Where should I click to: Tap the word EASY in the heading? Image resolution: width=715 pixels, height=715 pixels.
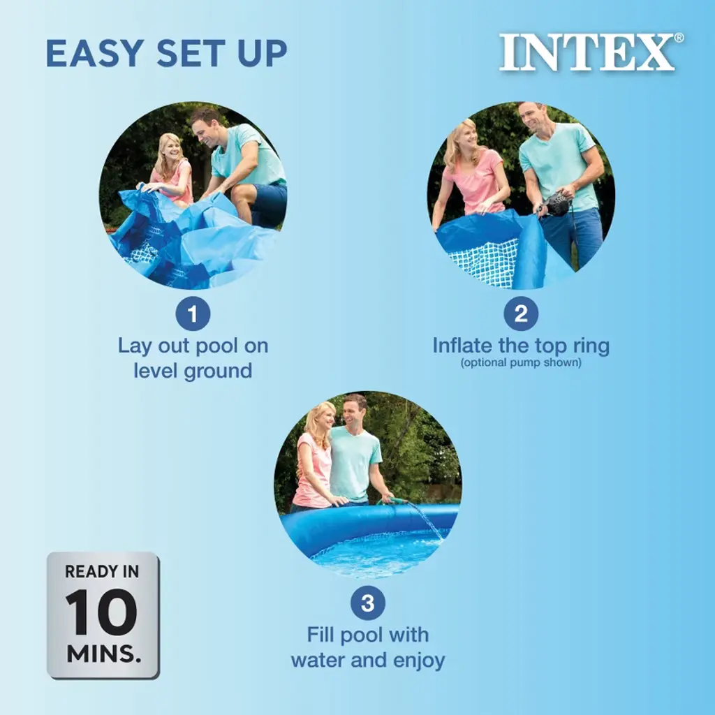coord(95,53)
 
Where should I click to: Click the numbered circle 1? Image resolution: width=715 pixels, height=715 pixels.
coord(193,314)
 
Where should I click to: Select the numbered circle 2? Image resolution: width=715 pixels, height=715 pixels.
coord(521,314)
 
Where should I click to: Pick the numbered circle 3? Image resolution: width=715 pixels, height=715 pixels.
coord(367,603)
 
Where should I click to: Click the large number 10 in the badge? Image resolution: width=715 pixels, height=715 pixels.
coord(101,612)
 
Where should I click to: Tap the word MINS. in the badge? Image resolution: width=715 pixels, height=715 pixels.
coord(104,654)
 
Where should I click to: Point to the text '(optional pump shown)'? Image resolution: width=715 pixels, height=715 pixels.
coord(521,362)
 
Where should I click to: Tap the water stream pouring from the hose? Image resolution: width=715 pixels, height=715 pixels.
coord(427,519)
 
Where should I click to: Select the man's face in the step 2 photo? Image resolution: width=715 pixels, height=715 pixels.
coord(532,117)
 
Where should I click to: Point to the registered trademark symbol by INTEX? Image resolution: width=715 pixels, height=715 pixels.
coord(679,38)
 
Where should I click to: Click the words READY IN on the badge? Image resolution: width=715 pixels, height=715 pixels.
coord(102,571)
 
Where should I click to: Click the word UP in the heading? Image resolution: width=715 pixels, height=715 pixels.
coord(263,53)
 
